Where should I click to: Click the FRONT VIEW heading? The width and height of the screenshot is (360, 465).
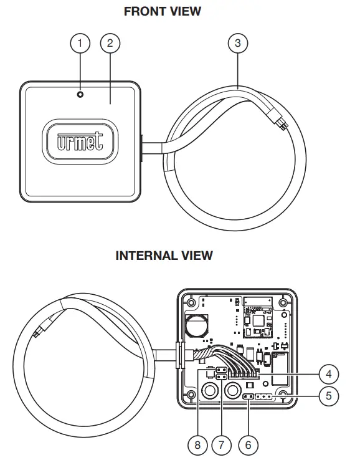163,11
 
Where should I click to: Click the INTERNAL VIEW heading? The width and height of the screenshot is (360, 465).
164,256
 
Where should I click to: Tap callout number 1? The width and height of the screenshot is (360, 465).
80,43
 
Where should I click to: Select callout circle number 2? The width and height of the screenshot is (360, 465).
110,43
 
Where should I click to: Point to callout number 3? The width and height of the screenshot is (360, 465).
237,43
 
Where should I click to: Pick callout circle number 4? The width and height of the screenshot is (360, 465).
328,374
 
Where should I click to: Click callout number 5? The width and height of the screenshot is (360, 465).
328,395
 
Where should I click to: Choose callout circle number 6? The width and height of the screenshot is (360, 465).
248,445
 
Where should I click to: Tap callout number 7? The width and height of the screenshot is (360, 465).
221,445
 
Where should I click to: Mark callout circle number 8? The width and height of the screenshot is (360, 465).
197,445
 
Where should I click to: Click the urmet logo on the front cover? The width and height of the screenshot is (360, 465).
80,143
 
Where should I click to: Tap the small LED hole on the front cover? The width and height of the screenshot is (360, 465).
80,94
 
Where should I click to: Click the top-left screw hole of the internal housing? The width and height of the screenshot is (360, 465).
191,301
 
